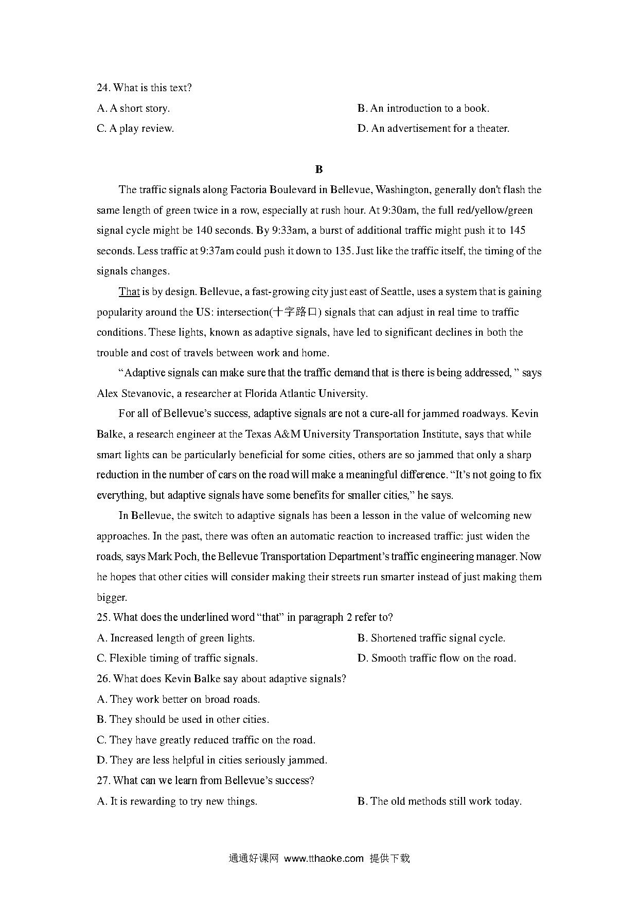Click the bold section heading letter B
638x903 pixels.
(318, 169)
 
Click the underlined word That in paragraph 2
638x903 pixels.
(129, 292)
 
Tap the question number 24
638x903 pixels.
(103, 88)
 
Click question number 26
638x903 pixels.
(103, 679)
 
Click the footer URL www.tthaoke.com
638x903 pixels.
(324, 858)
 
